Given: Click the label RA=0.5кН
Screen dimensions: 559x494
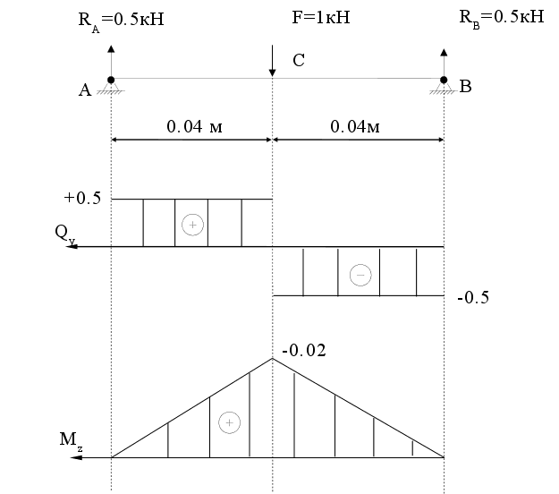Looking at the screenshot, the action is click(x=121, y=21).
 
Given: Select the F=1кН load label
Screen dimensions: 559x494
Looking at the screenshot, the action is click(x=321, y=17).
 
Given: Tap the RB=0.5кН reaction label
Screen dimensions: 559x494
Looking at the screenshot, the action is click(x=502, y=19).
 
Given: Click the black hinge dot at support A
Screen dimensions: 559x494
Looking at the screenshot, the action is click(x=111, y=80).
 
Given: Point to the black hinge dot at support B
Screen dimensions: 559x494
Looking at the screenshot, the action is click(x=444, y=80).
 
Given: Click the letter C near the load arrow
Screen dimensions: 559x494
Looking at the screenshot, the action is click(x=299, y=60).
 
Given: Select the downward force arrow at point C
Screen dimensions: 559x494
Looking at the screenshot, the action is click(x=273, y=61).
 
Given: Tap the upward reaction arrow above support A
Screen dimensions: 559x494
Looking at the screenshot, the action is click(x=111, y=61).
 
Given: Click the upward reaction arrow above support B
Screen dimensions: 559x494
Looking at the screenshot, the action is click(x=444, y=63).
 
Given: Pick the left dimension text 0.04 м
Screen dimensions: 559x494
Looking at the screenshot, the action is click(x=194, y=126).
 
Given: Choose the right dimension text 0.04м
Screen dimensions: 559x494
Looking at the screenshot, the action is click(x=355, y=126).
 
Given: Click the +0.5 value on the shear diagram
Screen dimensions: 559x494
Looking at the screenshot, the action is click(x=82, y=198).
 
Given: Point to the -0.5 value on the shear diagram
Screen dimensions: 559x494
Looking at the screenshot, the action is click(x=473, y=297).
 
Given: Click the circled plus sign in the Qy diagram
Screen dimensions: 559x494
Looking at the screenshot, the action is click(x=192, y=225).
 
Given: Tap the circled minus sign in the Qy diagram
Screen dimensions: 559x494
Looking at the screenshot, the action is click(x=360, y=275).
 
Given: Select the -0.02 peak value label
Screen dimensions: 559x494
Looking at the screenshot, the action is click(x=304, y=350).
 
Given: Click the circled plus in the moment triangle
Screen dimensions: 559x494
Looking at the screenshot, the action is click(x=229, y=422).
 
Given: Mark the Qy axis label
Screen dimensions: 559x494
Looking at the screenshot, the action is click(x=65, y=234).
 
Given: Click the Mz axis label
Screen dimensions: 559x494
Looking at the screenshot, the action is click(x=71, y=440).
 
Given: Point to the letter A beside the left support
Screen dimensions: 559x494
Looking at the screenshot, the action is click(x=85, y=89).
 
